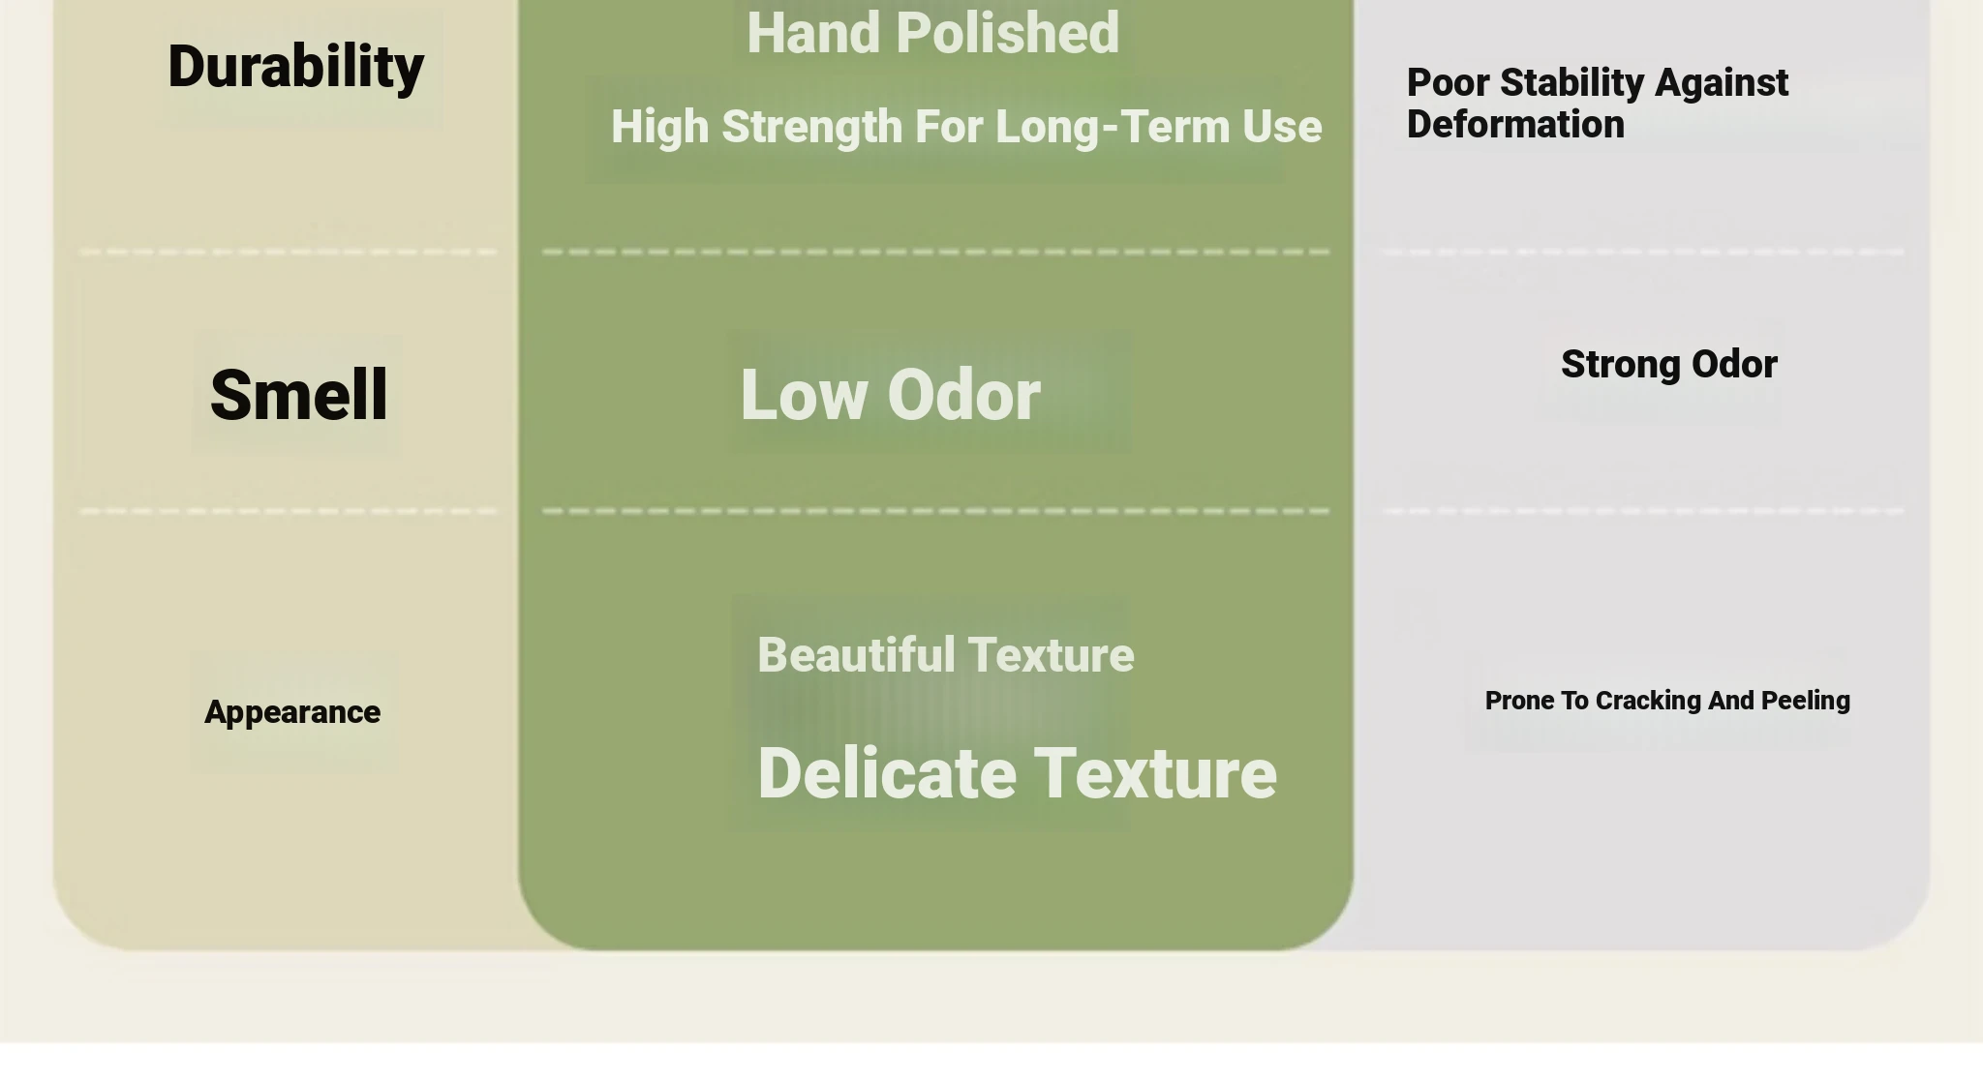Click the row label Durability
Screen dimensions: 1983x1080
coord(295,68)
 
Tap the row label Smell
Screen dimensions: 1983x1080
coord(299,395)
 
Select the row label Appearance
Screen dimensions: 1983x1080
coord(292,713)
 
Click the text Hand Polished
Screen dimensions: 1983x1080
coord(933,33)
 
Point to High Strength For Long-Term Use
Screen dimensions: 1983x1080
coord(966,127)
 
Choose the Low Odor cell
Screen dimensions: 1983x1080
coord(891,395)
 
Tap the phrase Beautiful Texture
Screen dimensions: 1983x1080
coord(946,655)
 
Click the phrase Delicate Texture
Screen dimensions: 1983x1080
coord(1018,773)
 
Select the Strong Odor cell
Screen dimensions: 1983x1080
coord(1669,365)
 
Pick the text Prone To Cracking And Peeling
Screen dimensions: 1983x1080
coord(1667,701)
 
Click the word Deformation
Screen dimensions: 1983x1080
coord(1515,124)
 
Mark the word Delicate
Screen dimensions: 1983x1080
coord(887,773)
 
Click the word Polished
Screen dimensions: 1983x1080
coord(1008,33)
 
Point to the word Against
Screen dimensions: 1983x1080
coord(1722,84)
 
